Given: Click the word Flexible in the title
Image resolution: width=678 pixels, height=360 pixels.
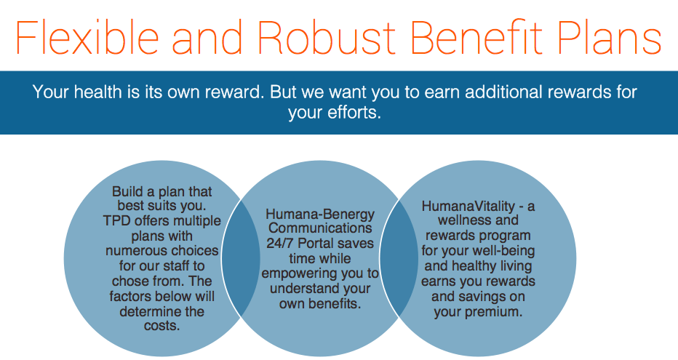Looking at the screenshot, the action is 87,37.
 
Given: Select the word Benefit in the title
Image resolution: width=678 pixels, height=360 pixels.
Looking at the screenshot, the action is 476,37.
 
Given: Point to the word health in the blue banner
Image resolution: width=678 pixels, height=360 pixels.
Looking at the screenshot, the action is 97,92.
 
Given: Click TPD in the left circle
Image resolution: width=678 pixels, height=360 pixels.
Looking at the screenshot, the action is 116,221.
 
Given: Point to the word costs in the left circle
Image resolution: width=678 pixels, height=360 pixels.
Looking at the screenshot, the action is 161,326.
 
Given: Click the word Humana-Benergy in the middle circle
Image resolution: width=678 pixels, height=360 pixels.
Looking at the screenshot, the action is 320,215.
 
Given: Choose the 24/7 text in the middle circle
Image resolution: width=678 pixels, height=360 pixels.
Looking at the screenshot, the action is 281,243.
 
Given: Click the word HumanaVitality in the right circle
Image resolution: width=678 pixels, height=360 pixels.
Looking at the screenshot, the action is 468,206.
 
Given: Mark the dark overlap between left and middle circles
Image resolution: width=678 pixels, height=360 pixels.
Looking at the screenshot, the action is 241,258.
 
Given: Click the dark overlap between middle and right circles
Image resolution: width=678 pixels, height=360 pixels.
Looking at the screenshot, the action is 399,258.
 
